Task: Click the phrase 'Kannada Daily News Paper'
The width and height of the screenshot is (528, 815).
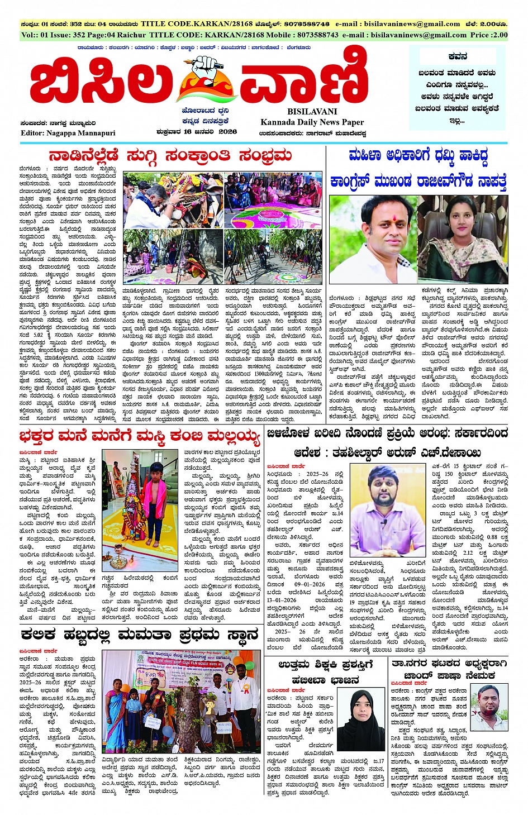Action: coord(312,122)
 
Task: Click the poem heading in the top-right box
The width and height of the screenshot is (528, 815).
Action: coord(458,56)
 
